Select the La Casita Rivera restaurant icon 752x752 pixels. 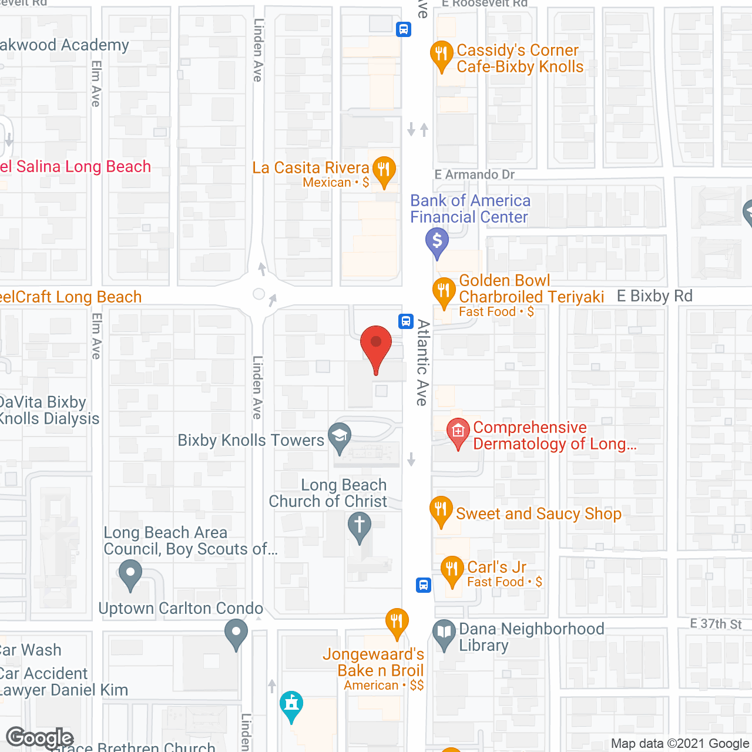[384, 170]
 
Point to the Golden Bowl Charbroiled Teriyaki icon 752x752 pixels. [444, 291]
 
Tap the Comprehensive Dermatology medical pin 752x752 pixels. [458, 432]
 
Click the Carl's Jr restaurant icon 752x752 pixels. [452, 569]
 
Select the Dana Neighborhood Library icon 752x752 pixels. [444, 633]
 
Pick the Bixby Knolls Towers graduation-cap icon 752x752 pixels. [340, 436]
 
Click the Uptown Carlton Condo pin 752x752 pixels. [236, 633]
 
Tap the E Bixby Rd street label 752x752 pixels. [654, 296]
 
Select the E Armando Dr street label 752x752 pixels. [475, 174]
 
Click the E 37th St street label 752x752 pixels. [716, 624]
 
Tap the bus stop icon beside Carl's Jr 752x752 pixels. [424, 585]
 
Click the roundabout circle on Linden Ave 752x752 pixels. [259, 294]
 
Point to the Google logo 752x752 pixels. [40, 738]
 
